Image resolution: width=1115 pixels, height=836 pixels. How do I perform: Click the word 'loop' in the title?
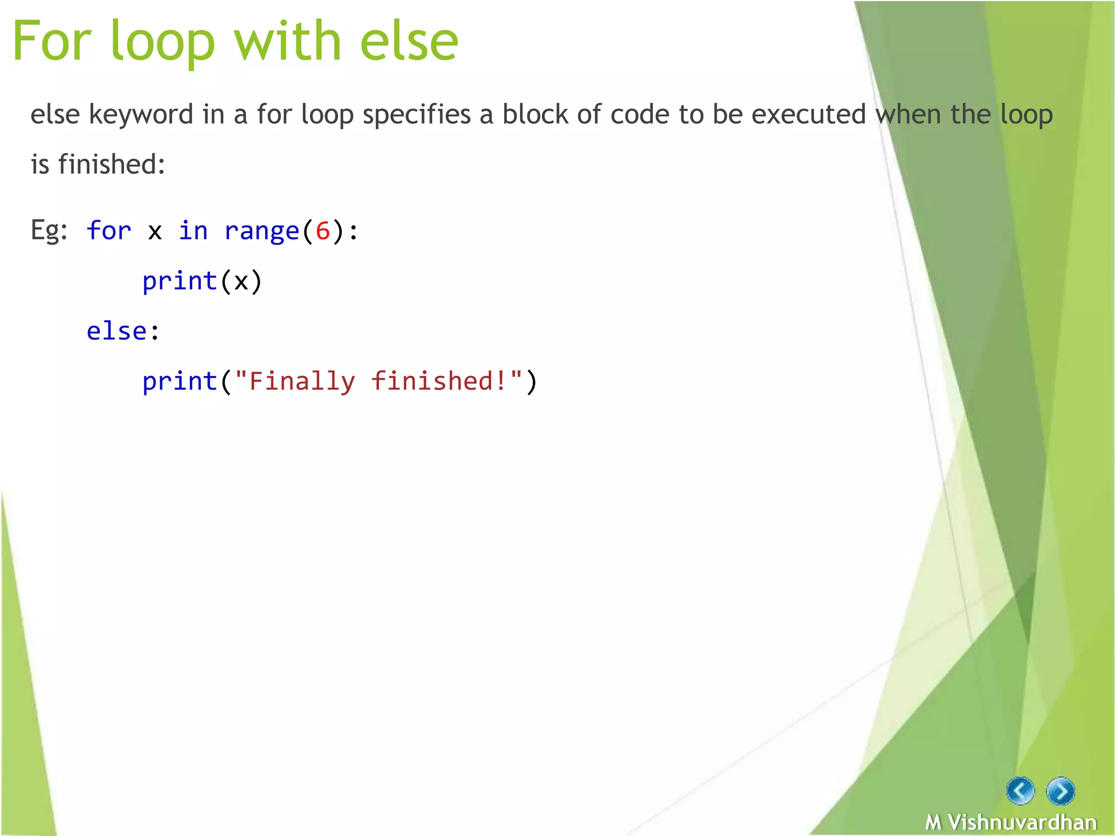pos(162,42)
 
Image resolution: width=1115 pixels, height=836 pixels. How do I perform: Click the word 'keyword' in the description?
pos(141,115)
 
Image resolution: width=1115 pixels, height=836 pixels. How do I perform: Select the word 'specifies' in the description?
pos(416,115)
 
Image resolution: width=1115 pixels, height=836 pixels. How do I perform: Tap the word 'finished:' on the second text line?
pos(112,164)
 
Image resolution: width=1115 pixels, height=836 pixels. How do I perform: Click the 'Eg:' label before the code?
pos(49,231)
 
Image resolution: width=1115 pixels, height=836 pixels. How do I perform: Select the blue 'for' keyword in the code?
pos(109,230)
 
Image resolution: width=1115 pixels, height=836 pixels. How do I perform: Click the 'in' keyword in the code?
pos(193,230)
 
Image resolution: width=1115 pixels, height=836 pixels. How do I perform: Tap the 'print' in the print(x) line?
pos(180,281)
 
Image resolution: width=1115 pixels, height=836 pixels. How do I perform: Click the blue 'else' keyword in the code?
pos(117,331)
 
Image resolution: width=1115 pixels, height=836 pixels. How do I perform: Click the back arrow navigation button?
pos(1020,791)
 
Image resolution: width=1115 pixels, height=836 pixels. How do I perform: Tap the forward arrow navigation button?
pos(1061,791)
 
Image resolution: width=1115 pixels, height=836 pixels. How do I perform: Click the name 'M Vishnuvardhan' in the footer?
pos(1011,822)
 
